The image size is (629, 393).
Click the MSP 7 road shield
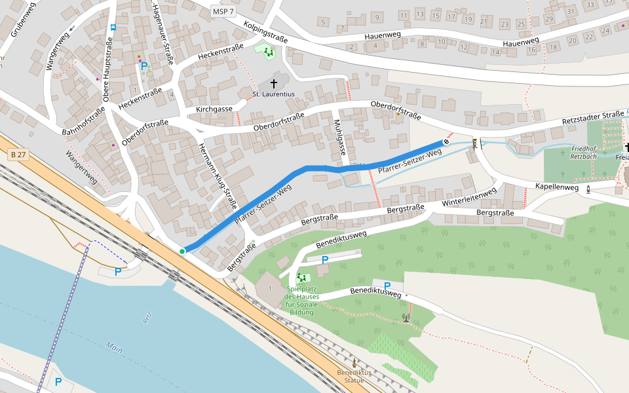tap(223, 11)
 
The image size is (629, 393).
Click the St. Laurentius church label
tap(273, 94)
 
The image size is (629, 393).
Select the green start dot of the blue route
tap(182, 251)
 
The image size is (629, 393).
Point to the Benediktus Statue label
tap(354, 376)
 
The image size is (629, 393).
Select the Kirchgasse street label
tap(214, 109)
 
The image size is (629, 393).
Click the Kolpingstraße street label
tap(265, 31)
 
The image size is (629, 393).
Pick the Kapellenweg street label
tap(556, 187)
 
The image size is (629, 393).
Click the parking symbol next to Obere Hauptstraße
tap(143, 66)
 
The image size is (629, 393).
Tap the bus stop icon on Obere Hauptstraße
tap(113, 28)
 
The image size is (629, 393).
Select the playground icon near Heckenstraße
tap(267, 51)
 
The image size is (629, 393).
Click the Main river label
tap(115, 348)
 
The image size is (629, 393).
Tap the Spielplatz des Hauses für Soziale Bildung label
tap(301, 301)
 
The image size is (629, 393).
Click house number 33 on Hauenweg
tap(590, 5)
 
